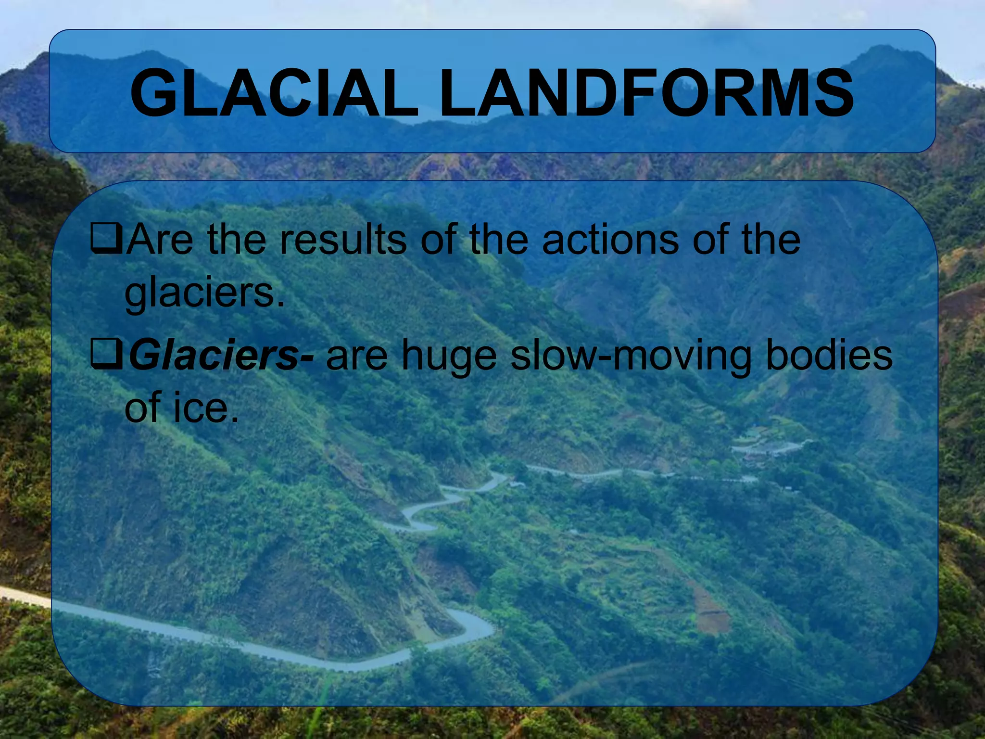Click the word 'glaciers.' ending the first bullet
[205, 293]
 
